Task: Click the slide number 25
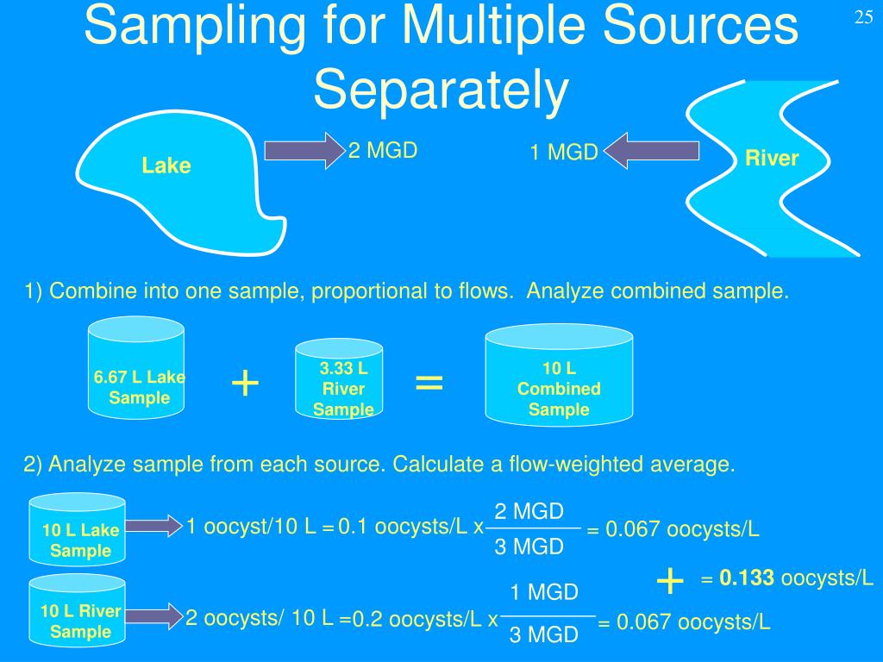(864, 18)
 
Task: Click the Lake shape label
(166, 165)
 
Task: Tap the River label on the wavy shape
(772, 159)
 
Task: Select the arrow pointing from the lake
(303, 151)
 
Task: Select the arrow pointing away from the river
(651, 151)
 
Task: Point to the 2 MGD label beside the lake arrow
(383, 151)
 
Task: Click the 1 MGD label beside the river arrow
(564, 153)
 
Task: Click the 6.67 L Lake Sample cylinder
(136, 366)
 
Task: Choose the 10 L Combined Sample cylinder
(559, 377)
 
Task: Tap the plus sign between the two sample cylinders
(246, 383)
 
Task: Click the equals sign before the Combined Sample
(429, 382)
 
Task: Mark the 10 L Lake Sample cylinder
(78, 528)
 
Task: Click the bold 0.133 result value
(747, 578)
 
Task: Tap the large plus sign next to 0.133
(670, 582)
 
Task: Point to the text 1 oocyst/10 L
(251, 527)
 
